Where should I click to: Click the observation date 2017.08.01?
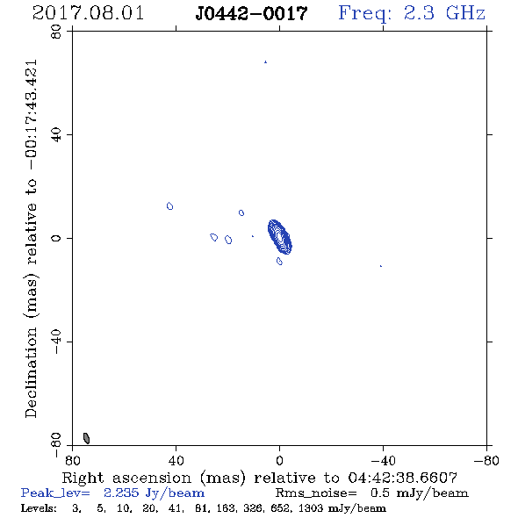[88, 13]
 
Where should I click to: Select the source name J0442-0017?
[251, 13]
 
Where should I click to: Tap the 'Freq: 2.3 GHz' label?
[412, 13]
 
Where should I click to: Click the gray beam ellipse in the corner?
[86, 438]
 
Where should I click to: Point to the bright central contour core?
[279, 237]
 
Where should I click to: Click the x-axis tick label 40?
[176, 460]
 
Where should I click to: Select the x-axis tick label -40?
[383, 460]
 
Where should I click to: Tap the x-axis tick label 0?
[279, 460]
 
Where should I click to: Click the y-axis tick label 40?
[56, 134]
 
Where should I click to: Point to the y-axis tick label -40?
[56, 342]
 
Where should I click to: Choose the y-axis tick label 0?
[56, 238]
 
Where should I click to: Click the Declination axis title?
[31, 239]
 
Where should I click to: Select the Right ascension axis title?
[260, 478]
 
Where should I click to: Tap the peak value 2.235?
[121, 493]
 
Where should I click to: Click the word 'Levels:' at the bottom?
[39, 507]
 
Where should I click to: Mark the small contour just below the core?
[279, 261]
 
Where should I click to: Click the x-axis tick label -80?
[486, 460]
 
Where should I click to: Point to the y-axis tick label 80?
[56, 32]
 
